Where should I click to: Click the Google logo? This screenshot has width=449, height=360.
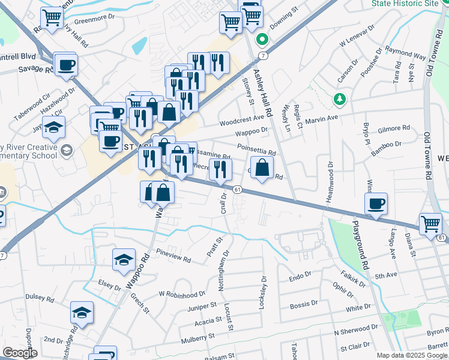coord(20,353)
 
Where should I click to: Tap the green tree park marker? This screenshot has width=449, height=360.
coord(340,98)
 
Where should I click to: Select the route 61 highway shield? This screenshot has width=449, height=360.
coord(238,190)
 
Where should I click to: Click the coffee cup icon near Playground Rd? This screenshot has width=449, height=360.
coord(376,203)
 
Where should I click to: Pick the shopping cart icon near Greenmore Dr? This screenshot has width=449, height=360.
coord(52,17)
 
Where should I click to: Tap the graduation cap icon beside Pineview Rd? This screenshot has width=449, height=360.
coord(123,259)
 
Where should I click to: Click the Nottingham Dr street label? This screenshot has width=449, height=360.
coord(224,271)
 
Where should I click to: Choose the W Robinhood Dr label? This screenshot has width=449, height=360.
coord(182,294)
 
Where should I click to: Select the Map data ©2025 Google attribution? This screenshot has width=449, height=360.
coord(411,355)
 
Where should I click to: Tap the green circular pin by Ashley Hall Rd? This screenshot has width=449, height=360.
coord(262,40)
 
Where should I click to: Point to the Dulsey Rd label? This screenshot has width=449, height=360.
coord(40,297)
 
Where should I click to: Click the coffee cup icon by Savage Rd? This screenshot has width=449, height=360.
coord(65,64)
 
